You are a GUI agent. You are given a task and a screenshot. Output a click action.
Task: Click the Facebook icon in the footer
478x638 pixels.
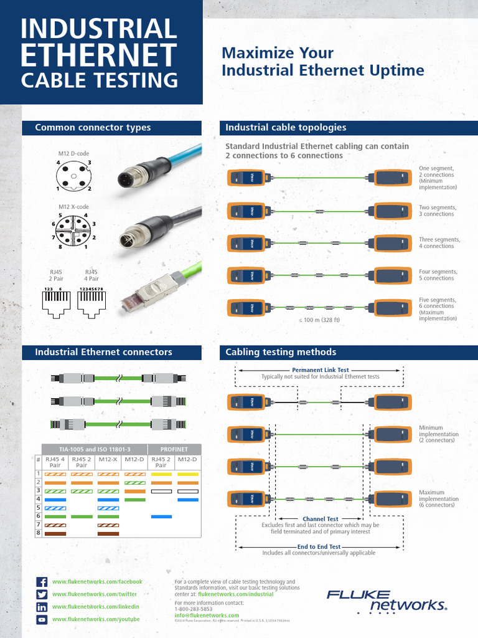tap(42, 582)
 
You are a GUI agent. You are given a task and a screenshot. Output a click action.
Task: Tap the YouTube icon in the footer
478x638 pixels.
tap(42, 619)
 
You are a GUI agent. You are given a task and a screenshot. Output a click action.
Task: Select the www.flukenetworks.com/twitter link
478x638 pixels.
tap(95, 594)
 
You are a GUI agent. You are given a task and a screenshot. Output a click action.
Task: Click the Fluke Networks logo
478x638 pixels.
tap(387, 601)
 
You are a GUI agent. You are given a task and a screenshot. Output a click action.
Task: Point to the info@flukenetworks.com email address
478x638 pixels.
tap(207, 616)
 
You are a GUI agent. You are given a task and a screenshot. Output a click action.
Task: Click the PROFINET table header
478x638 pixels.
tap(174, 449)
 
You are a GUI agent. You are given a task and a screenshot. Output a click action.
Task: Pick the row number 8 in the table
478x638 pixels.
tap(38, 533)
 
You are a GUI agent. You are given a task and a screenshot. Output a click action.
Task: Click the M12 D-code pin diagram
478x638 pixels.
tap(73, 176)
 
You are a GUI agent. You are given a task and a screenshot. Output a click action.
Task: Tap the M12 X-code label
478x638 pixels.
tap(73, 207)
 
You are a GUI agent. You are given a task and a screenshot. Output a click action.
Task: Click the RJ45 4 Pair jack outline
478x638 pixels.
tap(91, 301)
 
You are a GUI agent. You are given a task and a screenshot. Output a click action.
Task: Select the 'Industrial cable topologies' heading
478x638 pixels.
tap(286, 128)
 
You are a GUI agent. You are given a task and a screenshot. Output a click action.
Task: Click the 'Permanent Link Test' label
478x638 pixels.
tap(320, 370)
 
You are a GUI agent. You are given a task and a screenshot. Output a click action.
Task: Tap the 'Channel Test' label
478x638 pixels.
tap(320, 518)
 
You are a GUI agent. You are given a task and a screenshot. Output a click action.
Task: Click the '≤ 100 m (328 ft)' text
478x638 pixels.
tap(320, 320)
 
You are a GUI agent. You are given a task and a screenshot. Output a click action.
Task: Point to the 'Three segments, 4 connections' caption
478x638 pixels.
tap(439, 243)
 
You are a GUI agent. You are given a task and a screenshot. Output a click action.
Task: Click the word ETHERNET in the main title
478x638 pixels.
tap(99, 55)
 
